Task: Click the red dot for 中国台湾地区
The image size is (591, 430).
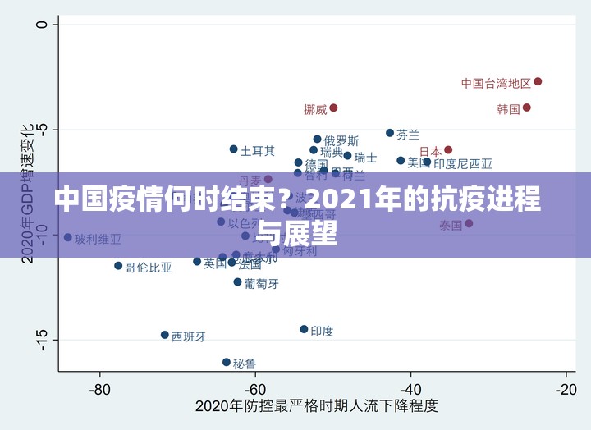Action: pyautogui.click(x=538, y=81)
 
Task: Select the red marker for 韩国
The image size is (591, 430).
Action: pyautogui.click(x=526, y=107)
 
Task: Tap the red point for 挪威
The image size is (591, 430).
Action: pyautogui.click(x=333, y=107)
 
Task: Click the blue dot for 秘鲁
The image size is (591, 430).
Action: pyautogui.click(x=227, y=362)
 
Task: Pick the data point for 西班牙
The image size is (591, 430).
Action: pyautogui.click(x=165, y=335)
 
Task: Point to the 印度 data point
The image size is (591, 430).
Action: pyautogui.click(x=304, y=329)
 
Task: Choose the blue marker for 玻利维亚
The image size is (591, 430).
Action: pyautogui.click(x=68, y=237)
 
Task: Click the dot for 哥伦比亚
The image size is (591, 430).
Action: pyautogui.click(x=118, y=266)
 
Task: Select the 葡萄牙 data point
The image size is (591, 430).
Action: pyautogui.click(x=237, y=282)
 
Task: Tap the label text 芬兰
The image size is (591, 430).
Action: pyautogui.click(x=408, y=134)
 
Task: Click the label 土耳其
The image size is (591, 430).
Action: pyautogui.click(x=258, y=151)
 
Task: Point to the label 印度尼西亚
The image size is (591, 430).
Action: pyautogui.click(x=463, y=164)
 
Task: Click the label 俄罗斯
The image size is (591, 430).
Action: pyautogui.click(x=341, y=141)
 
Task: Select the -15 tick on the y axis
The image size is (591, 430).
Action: pyautogui.click(x=39, y=339)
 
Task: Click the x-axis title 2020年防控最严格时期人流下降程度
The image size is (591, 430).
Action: pyautogui.click(x=316, y=407)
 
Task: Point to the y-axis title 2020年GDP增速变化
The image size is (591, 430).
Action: pyautogui.click(x=27, y=194)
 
